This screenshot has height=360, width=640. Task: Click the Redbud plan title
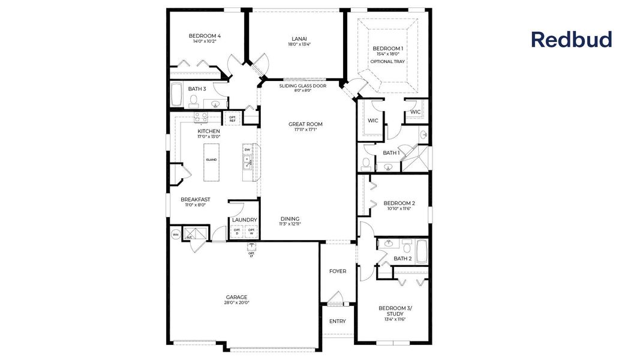(571, 40)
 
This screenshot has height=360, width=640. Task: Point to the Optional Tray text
(387, 62)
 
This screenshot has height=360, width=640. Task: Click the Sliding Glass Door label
(303, 86)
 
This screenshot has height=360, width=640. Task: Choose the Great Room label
(305, 124)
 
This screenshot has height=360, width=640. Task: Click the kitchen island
(211, 160)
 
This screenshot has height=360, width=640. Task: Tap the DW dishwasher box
(247, 149)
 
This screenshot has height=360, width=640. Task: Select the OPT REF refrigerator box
(232, 119)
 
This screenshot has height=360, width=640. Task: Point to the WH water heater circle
(176, 235)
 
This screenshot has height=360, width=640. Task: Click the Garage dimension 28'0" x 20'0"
(236, 303)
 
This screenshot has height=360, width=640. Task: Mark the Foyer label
(338, 271)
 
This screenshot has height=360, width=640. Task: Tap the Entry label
(338, 321)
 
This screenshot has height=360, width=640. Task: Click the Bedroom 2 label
(399, 203)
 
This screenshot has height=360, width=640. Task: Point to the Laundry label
(244, 220)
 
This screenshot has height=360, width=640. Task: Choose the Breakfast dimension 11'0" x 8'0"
(195, 205)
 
